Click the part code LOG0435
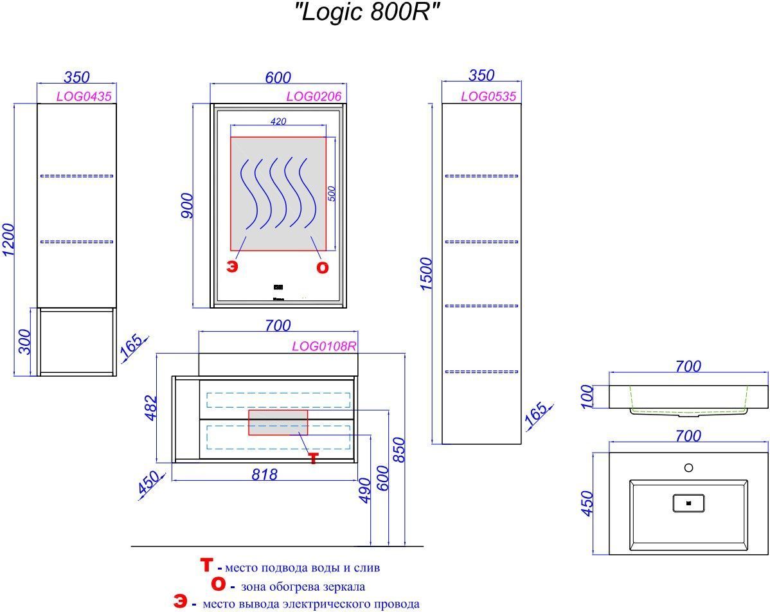[x=84, y=96]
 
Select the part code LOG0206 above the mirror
[x=313, y=96]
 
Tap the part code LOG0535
[x=488, y=96]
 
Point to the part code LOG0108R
[x=324, y=346]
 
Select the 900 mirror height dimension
[x=186, y=206]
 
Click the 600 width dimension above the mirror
[x=278, y=77]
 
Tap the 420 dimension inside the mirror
[x=278, y=122]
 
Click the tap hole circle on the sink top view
[x=688, y=467]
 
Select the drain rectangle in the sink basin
[x=688, y=503]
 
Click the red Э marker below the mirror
[x=231, y=267]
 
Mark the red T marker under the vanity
[x=313, y=458]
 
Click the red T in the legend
[x=206, y=566]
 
